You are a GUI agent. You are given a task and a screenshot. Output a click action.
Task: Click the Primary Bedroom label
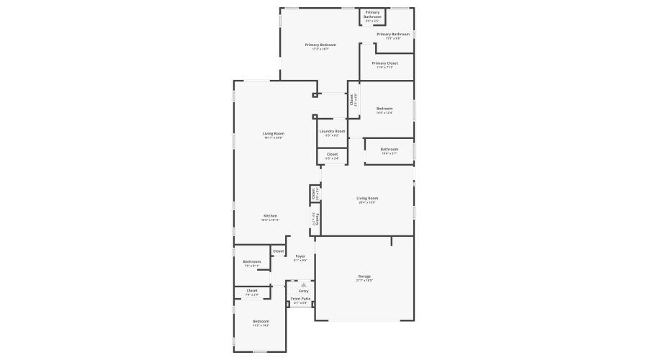320,45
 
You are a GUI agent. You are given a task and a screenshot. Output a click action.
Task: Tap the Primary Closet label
384,63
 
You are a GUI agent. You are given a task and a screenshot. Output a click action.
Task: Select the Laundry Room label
332,131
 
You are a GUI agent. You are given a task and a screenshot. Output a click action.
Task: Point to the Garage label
364,276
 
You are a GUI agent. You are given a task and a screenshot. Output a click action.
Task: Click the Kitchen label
270,216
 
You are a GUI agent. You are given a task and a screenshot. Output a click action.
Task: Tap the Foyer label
300,256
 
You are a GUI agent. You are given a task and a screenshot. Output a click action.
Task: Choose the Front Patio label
301,299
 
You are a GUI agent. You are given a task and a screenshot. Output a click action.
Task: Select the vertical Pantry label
318,218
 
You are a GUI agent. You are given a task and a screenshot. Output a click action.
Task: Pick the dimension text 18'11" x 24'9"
274,138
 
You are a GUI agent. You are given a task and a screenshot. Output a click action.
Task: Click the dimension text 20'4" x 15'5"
367,203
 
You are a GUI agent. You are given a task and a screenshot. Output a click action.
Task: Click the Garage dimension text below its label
364,281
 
